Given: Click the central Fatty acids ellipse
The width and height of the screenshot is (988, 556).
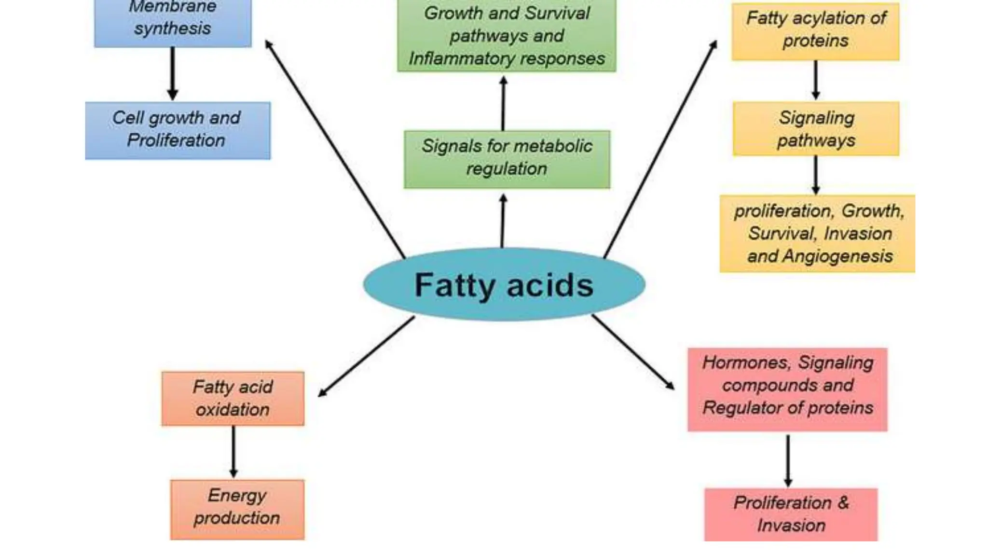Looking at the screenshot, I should [504, 285].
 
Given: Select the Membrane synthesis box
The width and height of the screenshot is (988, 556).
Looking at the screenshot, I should [173, 22].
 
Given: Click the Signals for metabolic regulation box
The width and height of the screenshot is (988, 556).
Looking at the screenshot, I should [507, 159].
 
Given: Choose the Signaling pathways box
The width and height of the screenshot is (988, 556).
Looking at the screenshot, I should [816, 129].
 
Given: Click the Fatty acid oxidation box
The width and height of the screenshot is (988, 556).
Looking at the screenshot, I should [233, 399].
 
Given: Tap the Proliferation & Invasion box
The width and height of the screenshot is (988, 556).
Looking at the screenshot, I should [791, 514].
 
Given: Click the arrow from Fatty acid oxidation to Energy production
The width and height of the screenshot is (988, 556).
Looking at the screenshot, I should [233, 451].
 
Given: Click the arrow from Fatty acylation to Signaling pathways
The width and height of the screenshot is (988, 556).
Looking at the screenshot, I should [816, 80].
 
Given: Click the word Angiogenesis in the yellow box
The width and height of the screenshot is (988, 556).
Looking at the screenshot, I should [837, 256].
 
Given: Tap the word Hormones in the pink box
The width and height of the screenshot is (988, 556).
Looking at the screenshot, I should [745, 362].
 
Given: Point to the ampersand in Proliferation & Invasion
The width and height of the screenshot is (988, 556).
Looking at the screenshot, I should [843, 502].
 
